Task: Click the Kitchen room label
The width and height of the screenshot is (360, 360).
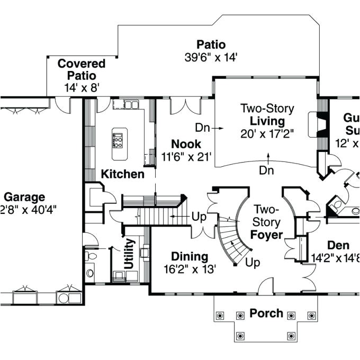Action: pos(122,174)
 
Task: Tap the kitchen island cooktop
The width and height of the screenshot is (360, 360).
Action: pos(118,140)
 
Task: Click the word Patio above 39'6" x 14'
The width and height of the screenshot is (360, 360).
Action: pos(211,44)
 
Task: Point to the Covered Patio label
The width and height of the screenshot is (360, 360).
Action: pos(82,69)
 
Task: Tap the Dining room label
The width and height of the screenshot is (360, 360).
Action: pos(189,256)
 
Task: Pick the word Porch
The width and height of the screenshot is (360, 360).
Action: pos(266,313)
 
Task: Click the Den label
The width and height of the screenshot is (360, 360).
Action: pos(338,246)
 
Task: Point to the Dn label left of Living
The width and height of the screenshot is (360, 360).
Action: pos(203,128)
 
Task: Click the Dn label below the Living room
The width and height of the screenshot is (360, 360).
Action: pos(267,170)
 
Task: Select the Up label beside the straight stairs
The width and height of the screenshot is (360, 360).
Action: pos(199,217)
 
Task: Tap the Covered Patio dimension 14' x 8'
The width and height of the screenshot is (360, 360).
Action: pos(82,88)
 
